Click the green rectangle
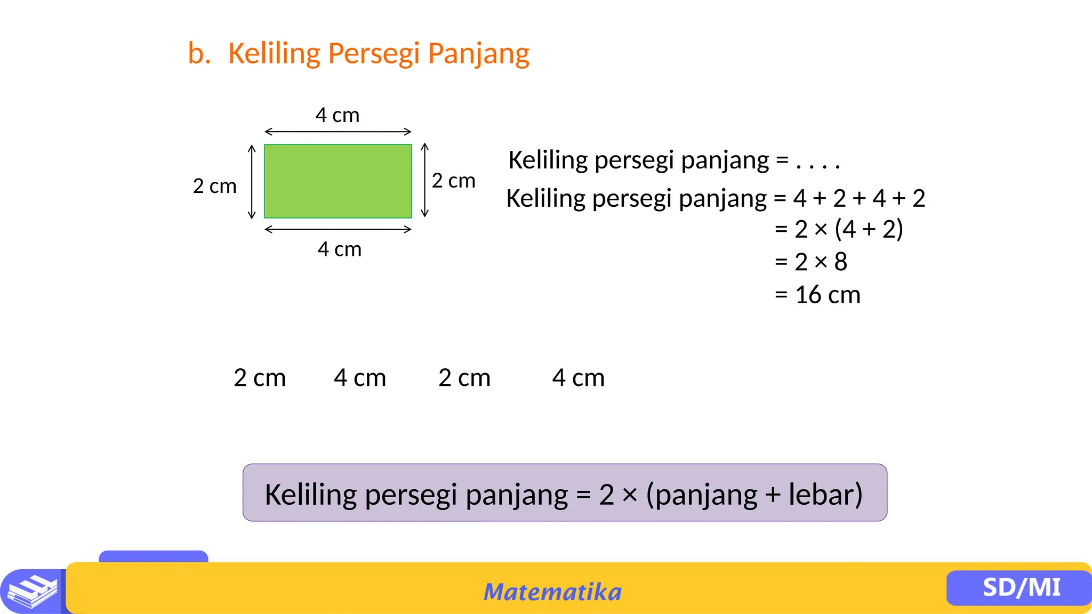pos(338,181)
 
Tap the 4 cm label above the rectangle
pos(338,115)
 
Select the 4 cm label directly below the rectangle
pos(340,249)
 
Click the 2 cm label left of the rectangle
pos(214,187)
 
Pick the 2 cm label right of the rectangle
pos(453,181)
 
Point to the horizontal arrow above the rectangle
pos(338,132)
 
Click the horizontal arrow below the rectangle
pos(338,229)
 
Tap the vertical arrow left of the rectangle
pos(252,182)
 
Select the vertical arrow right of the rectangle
pos(424,180)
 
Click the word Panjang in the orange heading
pos(478,54)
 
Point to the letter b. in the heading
pos(199,54)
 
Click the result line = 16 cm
pos(817,295)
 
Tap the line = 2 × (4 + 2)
pos(839,229)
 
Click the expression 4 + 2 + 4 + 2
pos(859,198)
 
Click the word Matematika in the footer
pos(552,592)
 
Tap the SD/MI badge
pos(1021,587)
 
